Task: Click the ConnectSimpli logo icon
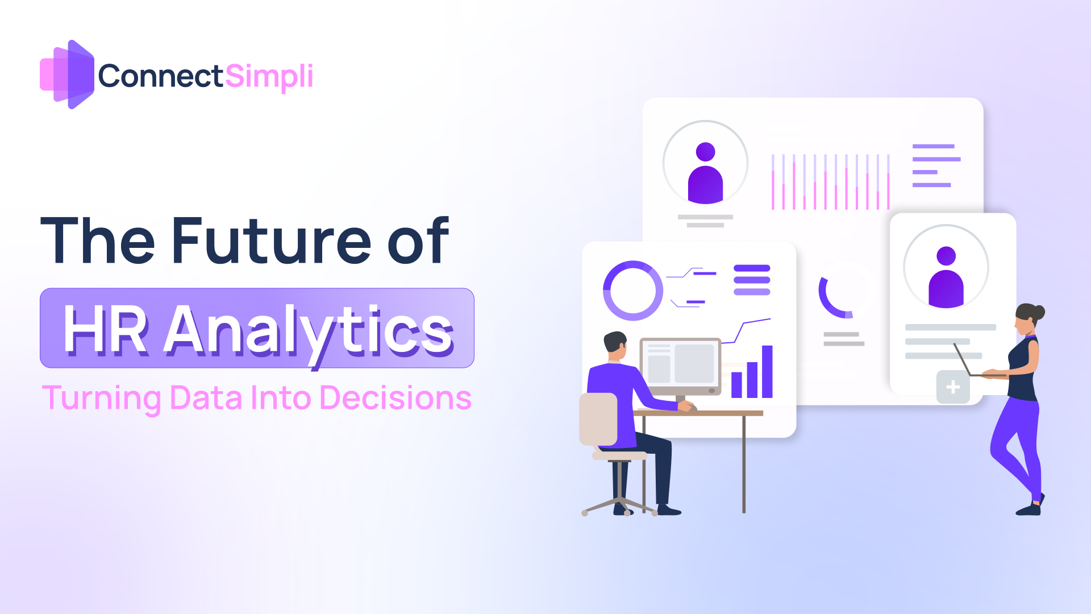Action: [67, 74]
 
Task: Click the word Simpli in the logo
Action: [269, 77]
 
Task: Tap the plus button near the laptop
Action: [953, 387]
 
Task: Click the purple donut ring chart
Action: [632, 291]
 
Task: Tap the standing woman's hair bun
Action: [1039, 312]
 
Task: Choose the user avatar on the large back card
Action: [705, 173]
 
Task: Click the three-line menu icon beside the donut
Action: [752, 280]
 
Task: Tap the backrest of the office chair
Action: [598, 419]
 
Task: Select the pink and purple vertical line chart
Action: [830, 182]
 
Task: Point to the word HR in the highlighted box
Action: [106, 330]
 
